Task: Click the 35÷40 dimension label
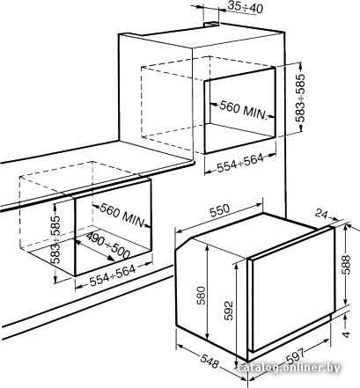[245, 8]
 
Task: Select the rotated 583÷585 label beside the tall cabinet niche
[300, 98]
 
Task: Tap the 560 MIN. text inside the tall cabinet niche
[244, 109]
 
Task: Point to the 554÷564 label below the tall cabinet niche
[240, 164]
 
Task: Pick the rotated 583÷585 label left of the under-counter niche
[55, 239]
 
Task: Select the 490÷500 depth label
[108, 245]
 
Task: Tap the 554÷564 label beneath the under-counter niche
[113, 275]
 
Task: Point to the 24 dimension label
[321, 215]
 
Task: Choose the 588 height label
[346, 265]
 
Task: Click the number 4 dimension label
[347, 334]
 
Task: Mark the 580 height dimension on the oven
[202, 296]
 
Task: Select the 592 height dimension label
[228, 311]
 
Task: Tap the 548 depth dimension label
[209, 362]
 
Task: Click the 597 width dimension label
[295, 355]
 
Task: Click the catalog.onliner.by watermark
[289, 368]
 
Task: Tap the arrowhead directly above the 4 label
[346, 318]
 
